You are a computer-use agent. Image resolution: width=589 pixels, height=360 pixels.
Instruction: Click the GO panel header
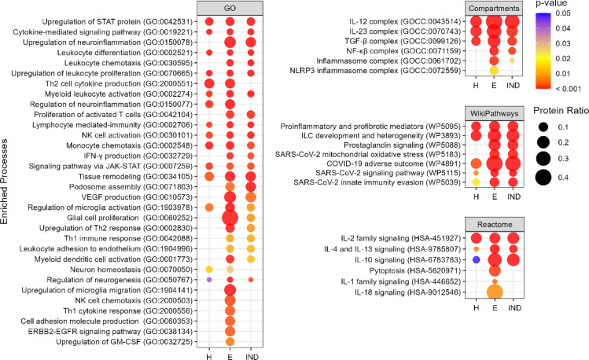[230, 8]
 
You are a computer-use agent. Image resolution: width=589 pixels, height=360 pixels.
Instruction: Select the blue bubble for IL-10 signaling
[476, 259]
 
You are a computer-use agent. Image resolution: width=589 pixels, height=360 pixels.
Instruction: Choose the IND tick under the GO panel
[250, 356]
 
